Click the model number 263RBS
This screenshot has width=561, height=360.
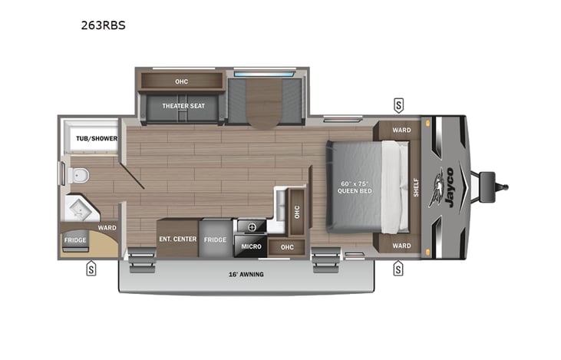(x=103, y=25)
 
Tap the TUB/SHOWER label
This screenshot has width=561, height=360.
(x=91, y=138)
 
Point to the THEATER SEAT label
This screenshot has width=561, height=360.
(x=181, y=106)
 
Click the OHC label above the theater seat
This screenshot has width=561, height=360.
(x=181, y=81)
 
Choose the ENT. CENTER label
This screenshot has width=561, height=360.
(x=177, y=239)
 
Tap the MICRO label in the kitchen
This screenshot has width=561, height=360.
(x=251, y=247)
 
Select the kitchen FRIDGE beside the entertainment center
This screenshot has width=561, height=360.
(x=215, y=239)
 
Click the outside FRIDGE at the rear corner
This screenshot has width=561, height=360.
(x=75, y=240)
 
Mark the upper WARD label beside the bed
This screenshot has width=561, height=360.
(x=401, y=130)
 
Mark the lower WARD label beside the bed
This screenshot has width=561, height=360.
(x=401, y=246)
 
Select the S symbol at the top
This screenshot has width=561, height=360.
(x=398, y=104)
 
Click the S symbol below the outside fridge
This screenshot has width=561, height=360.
(x=91, y=269)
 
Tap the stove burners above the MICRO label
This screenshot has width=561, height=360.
(x=251, y=226)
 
